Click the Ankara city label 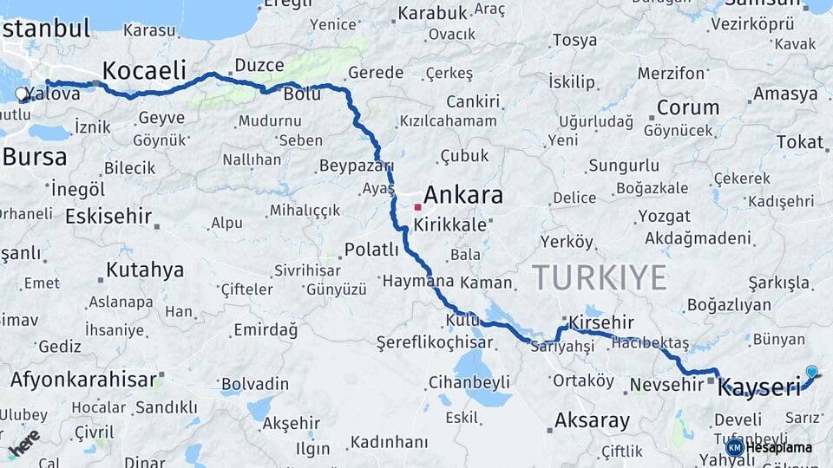464,195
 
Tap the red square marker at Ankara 417,207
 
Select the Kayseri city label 759,387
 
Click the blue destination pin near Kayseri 811,373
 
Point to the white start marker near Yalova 22,94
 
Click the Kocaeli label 144,69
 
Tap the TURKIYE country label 600,277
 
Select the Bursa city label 35,157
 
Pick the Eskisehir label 108,216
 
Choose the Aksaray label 592,421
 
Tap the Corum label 688,108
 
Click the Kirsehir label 601,322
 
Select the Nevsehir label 666,383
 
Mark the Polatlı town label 371,250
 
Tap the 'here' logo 23,442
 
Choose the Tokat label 799,141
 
